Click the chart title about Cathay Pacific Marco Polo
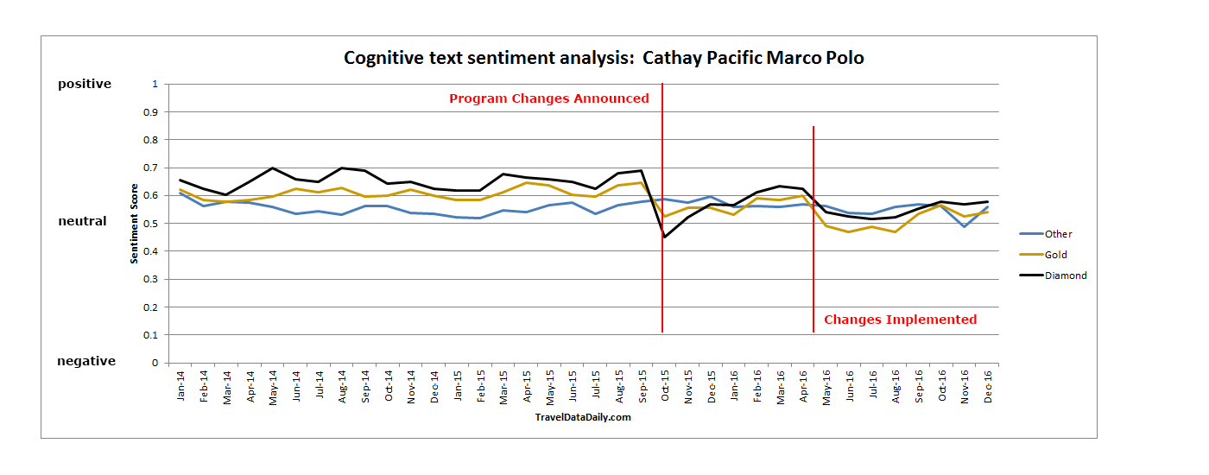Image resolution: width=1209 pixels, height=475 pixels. pos(604,58)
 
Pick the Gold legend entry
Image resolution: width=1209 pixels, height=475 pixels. pos(1055,255)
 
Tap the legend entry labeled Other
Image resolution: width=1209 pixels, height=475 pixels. pos(1058,234)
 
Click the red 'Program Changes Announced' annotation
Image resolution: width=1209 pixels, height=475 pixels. pos(548,98)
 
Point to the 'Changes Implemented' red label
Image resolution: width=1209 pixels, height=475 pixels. pos(900,320)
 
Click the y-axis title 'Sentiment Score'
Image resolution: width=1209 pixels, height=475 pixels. pos(135,225)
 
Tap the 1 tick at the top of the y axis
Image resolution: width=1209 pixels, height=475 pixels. pos(155,84)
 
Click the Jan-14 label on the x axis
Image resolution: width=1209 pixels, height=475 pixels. pos(180,387)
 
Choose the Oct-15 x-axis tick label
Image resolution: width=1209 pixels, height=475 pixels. pos(665,387)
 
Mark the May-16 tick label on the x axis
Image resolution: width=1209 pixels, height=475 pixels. pos(826,387)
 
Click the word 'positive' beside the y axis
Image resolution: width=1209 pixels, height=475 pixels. pos(85,84)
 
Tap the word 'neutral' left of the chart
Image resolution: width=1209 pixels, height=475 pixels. pos(82,221)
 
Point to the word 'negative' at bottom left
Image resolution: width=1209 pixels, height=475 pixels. pos(86,361)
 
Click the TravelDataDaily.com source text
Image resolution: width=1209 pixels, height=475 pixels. pos(583,417)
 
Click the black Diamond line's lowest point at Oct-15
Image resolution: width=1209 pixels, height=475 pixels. pos(665,237)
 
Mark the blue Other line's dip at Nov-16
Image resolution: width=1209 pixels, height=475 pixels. pos(965,226)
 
